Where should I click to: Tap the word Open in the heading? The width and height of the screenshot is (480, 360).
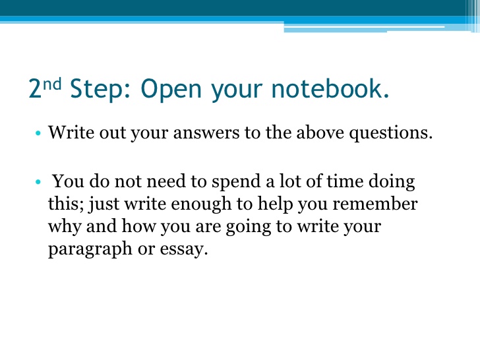[x=171, y=89]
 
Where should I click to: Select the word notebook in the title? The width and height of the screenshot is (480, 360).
[x=330, y=88]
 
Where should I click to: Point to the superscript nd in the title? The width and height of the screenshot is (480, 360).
[x=52, y=84]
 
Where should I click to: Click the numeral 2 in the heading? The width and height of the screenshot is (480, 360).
[x=35, y=88]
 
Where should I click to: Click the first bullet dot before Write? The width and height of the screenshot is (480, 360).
[x=38, y=133]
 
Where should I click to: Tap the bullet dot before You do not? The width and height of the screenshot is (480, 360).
[x=38, y=182]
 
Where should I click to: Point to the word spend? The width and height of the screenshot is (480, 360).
[x=237, y=182]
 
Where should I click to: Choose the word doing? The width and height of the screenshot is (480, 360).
[x=392, y=182]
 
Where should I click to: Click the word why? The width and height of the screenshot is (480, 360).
[x=65, y=227]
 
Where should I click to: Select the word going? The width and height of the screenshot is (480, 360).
[x=249, y=227]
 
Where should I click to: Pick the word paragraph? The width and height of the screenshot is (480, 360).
[x=90, y=249]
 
